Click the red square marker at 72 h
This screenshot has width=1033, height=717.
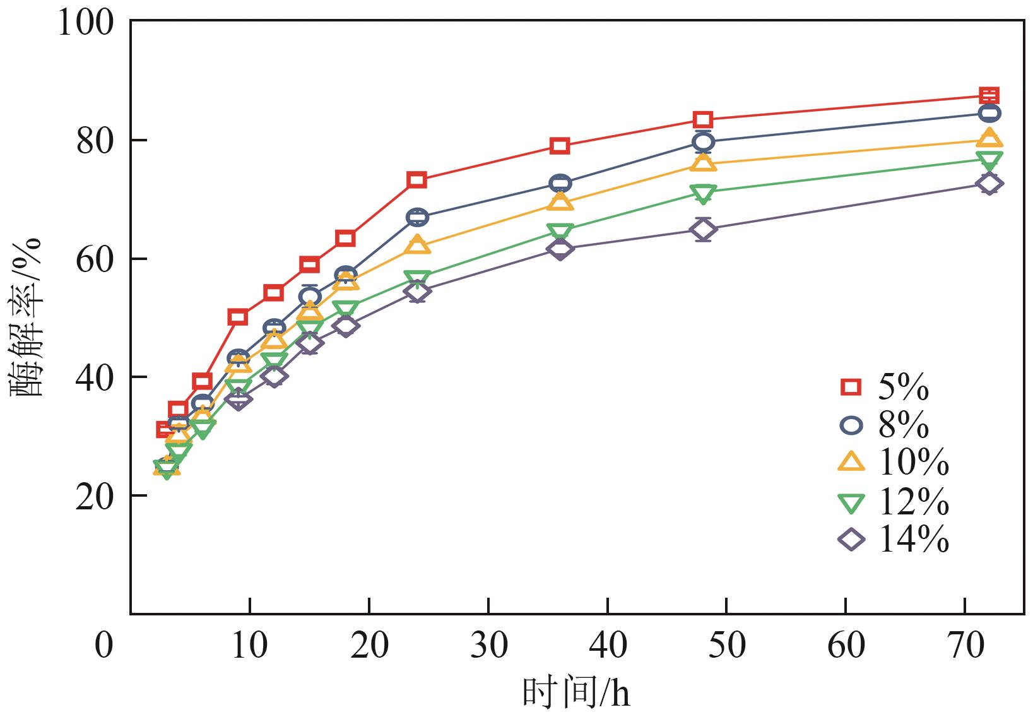989,96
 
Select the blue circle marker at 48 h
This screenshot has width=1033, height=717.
704,142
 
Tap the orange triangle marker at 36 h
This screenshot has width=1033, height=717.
560,202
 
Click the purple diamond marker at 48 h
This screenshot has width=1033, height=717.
704,230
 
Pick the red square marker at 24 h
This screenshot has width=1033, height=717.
417,180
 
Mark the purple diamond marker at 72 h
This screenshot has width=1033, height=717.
989,184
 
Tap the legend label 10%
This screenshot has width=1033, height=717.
912,463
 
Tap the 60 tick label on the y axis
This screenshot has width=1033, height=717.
95,259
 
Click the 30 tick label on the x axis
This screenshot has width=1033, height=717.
488,645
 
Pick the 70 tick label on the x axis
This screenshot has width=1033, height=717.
965,645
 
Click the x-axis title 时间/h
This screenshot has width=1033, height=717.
576,693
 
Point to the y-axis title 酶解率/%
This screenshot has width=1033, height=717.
27,317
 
